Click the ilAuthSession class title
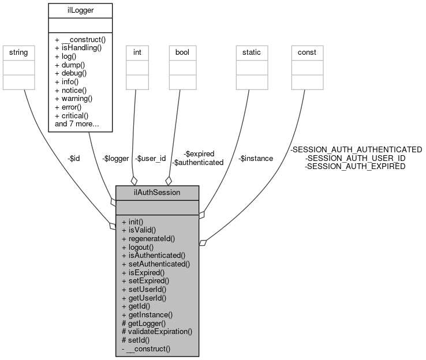coord(158,192)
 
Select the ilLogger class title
coord(80,9)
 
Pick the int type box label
coord(137,52)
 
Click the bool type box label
coord(182,52)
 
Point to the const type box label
coord(307,52)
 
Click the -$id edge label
coord(73,159)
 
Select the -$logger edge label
coord(115,159)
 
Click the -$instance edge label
coord(256,159)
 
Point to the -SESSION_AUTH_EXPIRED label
coord(355,167)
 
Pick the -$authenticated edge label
coord(198,163)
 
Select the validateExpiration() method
coord(156,332)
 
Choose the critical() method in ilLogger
coord(76,116)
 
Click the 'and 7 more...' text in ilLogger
coord(77,124)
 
